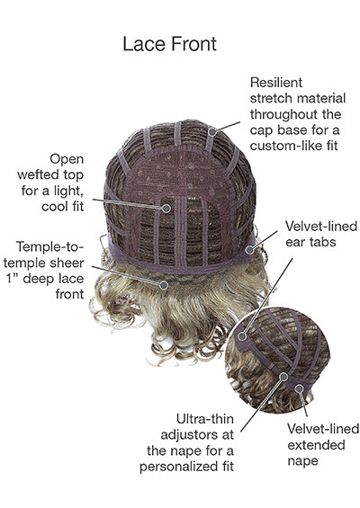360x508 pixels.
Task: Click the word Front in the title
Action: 193,44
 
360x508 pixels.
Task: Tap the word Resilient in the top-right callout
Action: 276,83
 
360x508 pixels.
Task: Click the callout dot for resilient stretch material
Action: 212,132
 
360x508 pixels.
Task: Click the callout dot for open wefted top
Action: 166,208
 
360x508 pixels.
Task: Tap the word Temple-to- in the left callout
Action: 49,247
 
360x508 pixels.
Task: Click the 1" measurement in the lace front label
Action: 13,279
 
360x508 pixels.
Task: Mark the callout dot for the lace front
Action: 164,285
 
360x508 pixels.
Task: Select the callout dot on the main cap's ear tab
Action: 249,250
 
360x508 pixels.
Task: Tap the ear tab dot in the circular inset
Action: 241,336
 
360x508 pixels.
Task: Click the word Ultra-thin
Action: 204,419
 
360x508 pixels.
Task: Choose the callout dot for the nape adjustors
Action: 283,377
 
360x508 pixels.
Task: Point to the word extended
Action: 316,445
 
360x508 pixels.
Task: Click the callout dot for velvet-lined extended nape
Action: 300,388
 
